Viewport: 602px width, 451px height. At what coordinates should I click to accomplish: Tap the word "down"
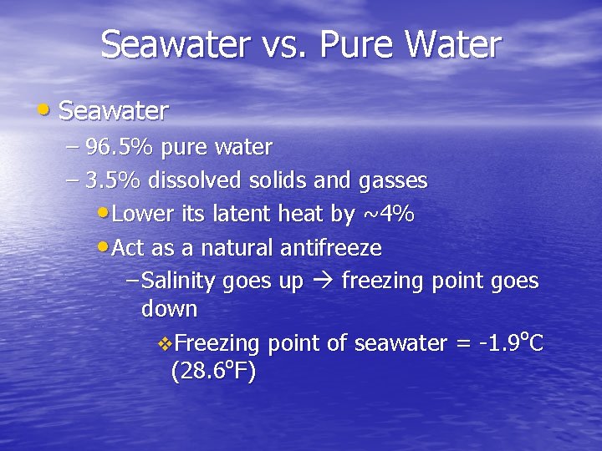tap(170, 309)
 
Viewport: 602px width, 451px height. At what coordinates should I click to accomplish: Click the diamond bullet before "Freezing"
tap(164, 344)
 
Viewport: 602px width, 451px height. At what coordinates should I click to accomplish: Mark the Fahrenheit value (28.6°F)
tap(213, 371)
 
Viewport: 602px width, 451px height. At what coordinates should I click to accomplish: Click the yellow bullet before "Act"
tap(102, 247)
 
